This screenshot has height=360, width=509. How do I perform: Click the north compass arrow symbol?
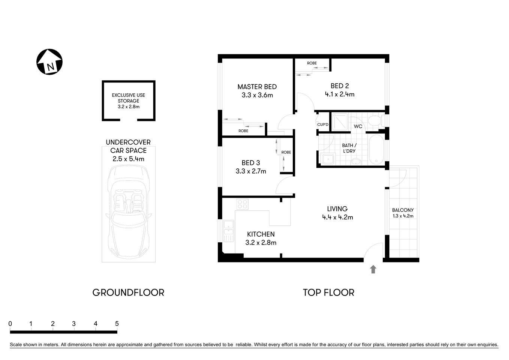click(x=49, y=62)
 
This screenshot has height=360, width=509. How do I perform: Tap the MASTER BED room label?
click(x=257, y=87)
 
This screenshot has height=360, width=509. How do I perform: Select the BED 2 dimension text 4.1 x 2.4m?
click(x=340, y=94)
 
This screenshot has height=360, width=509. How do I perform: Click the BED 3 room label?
click(x=251, y=163)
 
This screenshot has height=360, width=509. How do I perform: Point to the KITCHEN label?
click(x=261, y=234)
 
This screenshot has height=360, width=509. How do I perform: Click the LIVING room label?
click(x=337, y=209)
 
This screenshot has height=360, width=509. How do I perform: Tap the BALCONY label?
click(x=403, y=210)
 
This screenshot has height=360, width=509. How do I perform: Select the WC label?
click(x=358, y=126)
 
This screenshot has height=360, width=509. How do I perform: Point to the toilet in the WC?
click(x=374, y=121)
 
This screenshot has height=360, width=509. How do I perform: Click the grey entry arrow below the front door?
click(x=373, y=269)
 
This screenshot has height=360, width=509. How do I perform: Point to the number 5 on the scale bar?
click(x=117, y=324)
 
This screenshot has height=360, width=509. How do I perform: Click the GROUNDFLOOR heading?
click(x=128, y=292)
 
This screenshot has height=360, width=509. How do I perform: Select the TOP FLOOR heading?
click(x=328, y=292)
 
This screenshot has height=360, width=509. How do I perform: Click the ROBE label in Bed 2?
click(x=312, y=63)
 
